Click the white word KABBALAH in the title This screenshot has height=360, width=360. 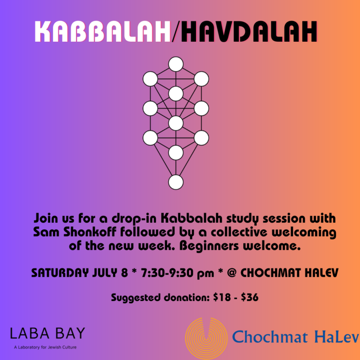tap(103, 31)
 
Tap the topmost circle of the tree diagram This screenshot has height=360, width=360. tap(176, 64)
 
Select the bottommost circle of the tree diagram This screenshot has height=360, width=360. tap(176, 182)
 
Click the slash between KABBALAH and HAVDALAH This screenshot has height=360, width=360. tap(176, 31)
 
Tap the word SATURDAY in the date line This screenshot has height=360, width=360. tap(60, 273)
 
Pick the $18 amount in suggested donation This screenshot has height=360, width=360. tap(222, 297)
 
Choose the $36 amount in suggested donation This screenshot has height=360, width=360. tap(249, 297)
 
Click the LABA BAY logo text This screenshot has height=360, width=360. tap(47, 333)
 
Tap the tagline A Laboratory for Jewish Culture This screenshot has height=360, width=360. tap(45, 347)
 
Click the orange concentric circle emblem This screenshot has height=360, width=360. tap(206, 338)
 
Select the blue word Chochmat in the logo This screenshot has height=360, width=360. tap(270, 337)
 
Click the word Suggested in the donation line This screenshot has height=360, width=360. tap(135, 298)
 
